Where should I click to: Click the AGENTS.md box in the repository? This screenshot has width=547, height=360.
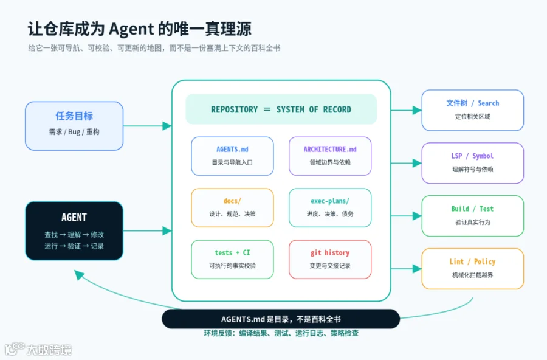tap(232, 156)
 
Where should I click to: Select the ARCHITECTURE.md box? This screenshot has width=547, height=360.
tap(330, 156)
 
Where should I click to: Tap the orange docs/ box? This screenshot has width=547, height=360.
tap(232, 208)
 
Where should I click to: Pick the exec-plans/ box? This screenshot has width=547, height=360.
tap(330, 208)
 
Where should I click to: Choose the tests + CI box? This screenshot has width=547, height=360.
tap(232, 260)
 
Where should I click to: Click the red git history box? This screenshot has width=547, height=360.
tap(330, 260)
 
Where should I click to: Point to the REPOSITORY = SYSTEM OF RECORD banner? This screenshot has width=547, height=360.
tap(281, 109)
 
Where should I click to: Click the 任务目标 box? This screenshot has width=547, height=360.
tap(74, 126)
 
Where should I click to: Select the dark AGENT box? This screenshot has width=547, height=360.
tap(74, 231)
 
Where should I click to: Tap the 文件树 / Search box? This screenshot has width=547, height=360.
tap(473, 110)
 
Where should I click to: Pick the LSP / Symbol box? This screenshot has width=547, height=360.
tap(473, 163)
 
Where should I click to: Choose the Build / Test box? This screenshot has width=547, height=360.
tap(473, 216)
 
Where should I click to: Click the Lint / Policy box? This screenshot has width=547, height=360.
tap(473, 269)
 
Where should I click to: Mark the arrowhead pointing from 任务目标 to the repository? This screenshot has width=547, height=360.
tap(167, 126)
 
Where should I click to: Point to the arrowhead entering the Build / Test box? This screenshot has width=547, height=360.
tap(417, 216)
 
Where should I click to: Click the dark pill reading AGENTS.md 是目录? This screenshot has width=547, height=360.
tap(281, 319)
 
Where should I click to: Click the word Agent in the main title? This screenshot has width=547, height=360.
tap(131, 29)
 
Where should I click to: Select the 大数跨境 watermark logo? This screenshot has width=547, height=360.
tap(38, 350)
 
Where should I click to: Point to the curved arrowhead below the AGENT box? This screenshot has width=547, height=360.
tap(79, 275)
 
